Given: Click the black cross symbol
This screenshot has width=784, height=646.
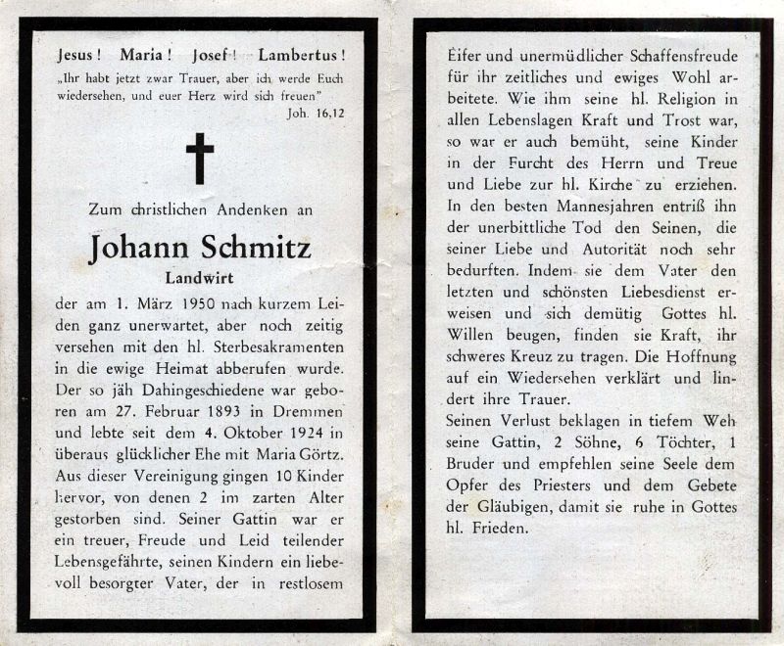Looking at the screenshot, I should click(x=200, y=159).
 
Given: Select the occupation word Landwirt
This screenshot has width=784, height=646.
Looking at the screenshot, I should click(x=200, y=277).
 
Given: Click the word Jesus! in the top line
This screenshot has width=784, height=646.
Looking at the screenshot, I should click(x=80, y=56).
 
